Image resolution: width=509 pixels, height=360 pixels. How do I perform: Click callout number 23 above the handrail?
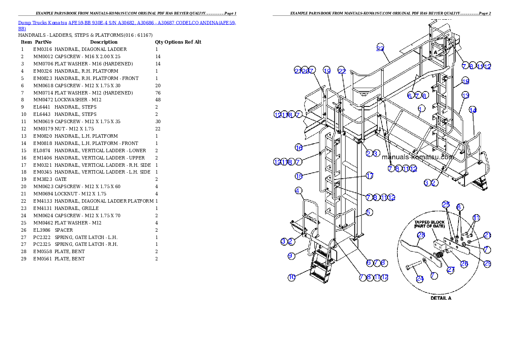coord(380,48)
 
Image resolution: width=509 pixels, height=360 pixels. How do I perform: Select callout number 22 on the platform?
coord(341,71)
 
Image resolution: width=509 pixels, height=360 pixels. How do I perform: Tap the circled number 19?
coord(327,71)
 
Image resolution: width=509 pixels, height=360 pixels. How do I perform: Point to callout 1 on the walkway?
coord(421,108)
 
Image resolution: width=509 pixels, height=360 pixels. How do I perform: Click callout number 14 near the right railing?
coord(473,110)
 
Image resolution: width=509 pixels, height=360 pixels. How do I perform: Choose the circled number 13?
coord(465,95)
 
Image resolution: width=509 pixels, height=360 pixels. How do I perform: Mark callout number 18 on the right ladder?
coord(465,81)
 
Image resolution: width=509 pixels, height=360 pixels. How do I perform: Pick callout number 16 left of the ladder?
coord(299,148)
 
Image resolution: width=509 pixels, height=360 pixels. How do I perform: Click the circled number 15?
coord(299,176)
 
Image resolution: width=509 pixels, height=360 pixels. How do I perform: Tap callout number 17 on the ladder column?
coord(370,175)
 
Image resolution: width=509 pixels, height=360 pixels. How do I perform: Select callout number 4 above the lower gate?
coord(299,190)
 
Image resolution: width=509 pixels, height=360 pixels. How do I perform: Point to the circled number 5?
coord(369,212)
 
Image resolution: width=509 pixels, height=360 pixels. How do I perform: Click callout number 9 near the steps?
coord(291,256)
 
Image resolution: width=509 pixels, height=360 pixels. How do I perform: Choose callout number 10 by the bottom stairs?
coord(291,277)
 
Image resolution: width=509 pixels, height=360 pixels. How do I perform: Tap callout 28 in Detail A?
coord(421,235)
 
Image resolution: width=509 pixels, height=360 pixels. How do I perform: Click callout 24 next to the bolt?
coord(420,279)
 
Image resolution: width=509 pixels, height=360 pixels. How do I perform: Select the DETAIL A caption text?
coord(441,298)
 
